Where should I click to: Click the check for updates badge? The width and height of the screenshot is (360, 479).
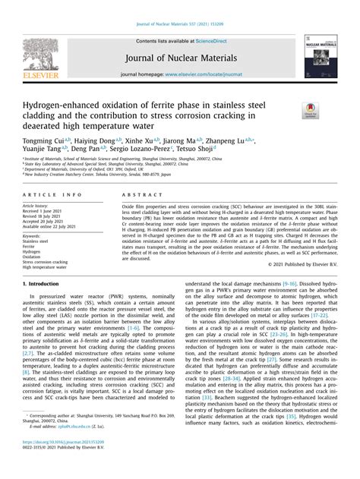click(309, 112)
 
